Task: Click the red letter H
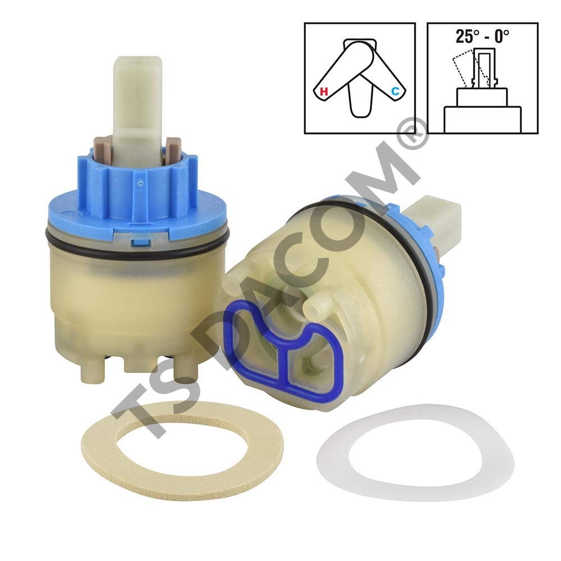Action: point(324,91)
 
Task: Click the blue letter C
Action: point(395,91)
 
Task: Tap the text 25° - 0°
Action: point(482,36)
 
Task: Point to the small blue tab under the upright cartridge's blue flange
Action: point(141,243)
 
